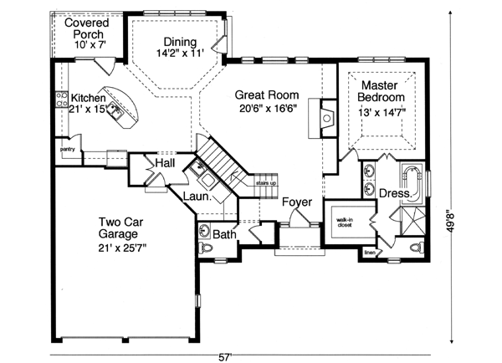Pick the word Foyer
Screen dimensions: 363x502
[297, 202]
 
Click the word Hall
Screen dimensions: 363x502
[164, 162]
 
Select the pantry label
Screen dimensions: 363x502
[68, 150]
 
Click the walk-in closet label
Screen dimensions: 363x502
[345, 221]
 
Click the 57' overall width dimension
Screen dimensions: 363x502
[224, 356]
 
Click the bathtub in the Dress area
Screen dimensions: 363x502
[413, 179]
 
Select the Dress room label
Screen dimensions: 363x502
[393, 194]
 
